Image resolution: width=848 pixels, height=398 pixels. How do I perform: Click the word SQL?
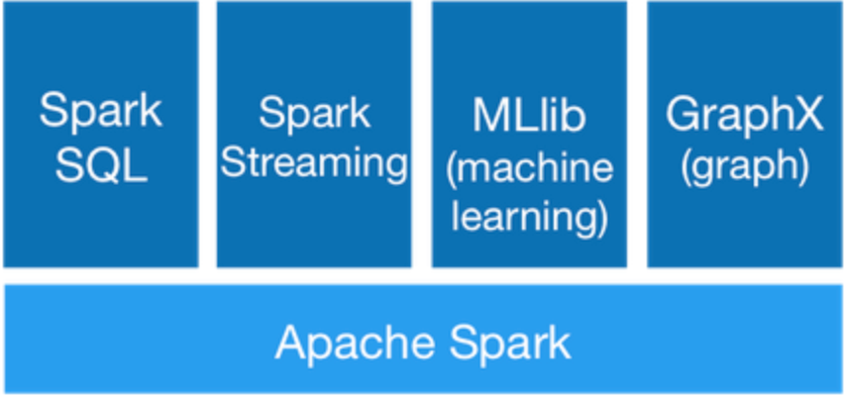coord(101,165)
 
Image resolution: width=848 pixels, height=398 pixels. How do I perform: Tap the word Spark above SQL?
coord(101,111)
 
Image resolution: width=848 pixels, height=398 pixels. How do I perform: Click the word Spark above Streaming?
coord(314,113)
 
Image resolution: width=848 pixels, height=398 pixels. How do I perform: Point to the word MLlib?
coord(529,116)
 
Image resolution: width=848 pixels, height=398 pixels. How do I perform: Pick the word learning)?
coord(529,216)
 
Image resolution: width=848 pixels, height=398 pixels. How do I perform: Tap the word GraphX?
coord(744,115)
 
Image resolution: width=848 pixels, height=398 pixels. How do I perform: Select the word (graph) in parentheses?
coord(744,165)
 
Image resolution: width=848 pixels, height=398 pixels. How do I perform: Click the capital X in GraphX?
coord(809,115)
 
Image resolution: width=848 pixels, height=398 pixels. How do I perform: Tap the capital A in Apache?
coord(290,343)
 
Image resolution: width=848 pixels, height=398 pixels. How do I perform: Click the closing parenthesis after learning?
coord(600,216)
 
